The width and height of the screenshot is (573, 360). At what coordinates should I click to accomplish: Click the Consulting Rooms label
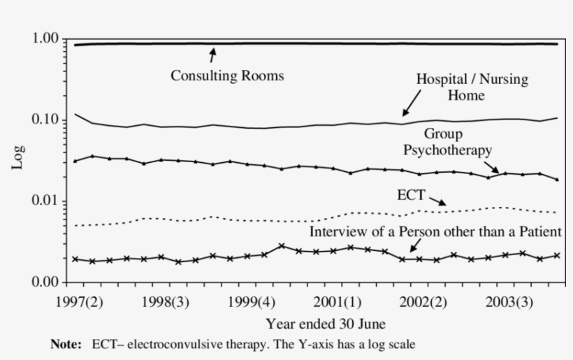[227, 76]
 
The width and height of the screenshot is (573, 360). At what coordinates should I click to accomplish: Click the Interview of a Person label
[435, 231]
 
